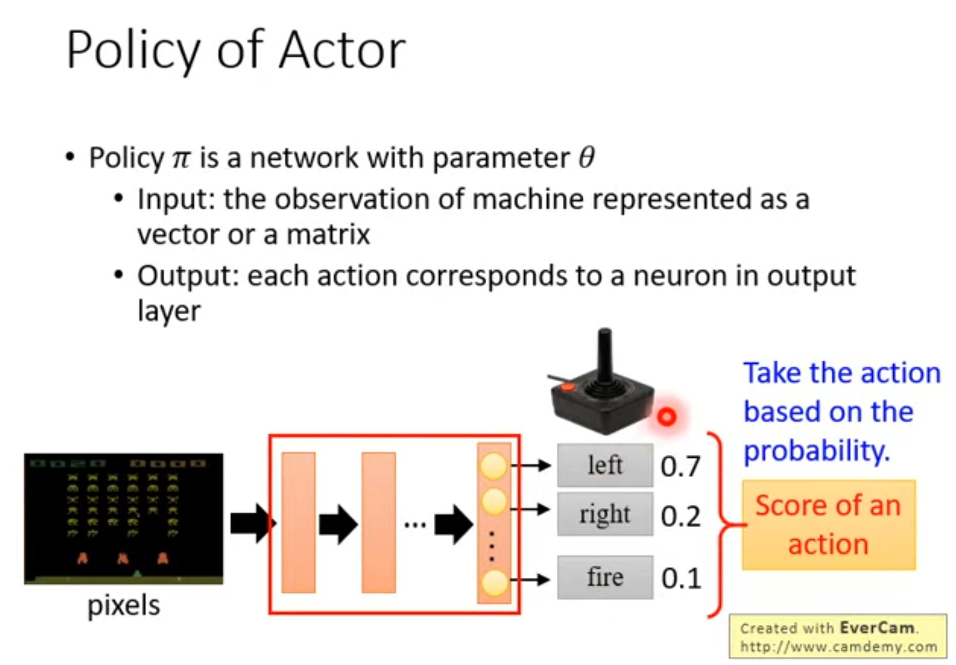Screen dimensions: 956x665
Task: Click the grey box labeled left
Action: point(605,465)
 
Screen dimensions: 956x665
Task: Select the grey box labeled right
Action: point(605,514)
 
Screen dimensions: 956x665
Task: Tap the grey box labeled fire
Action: point(605,577)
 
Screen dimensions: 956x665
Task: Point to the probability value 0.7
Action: point(680,466)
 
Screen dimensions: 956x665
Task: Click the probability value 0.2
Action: point(680,516)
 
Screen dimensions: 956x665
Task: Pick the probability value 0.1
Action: point(681,578)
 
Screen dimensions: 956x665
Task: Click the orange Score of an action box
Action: point(828,525)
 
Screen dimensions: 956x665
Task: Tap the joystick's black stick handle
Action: point(605,357)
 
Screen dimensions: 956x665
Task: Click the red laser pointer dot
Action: point(666,417)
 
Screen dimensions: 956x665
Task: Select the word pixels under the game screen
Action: point(123,605)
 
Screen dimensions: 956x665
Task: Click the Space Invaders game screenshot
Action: point(123,519)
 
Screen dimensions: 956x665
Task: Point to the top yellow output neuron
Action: point(494,465)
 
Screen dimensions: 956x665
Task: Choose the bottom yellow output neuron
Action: point(494,583)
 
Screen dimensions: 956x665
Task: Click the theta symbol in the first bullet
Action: point(587,157)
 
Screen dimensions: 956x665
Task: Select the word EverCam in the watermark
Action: point(876,628)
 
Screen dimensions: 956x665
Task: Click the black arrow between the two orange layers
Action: point(338,524)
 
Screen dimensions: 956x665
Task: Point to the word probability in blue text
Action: point(816,451)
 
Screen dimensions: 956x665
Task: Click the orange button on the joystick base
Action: point(568,387)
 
